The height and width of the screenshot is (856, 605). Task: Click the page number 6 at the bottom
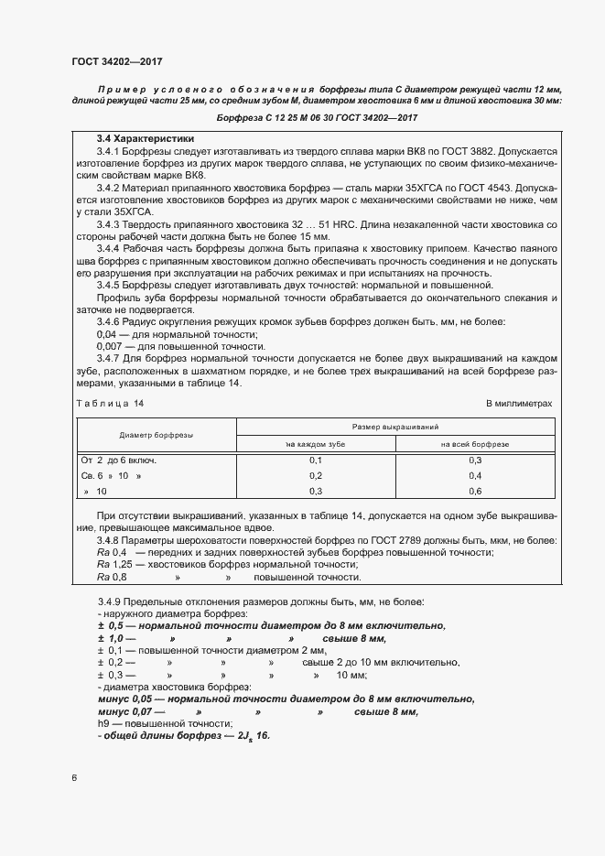click(73, 778)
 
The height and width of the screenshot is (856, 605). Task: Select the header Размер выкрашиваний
click(394, 427)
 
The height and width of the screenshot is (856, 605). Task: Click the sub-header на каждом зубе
click(316, 443)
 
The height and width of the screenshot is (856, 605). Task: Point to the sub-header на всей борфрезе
click(474, 443)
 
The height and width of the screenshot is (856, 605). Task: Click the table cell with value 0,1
click(316, 460)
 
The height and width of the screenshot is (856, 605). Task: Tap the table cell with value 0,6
click(474, 491)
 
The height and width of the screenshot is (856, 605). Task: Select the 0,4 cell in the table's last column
click(474, 475)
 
